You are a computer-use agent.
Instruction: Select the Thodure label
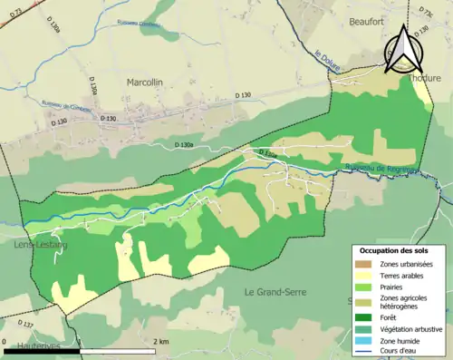(423, 79)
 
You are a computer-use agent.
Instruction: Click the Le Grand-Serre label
(276, 291)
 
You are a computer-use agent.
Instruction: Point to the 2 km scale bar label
(160, 341)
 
